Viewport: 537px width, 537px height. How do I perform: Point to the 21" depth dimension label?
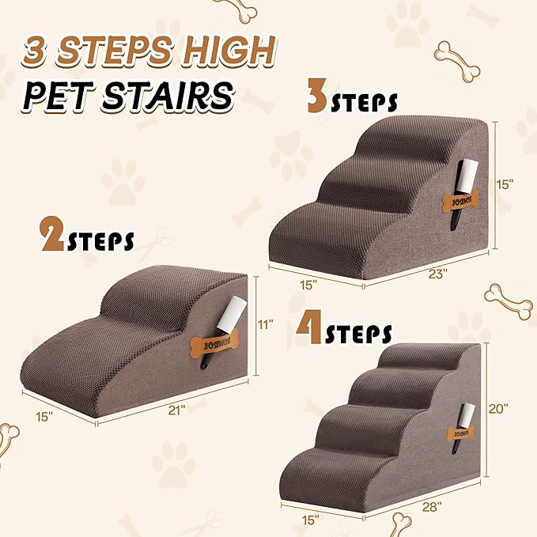[x=176, y=410]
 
